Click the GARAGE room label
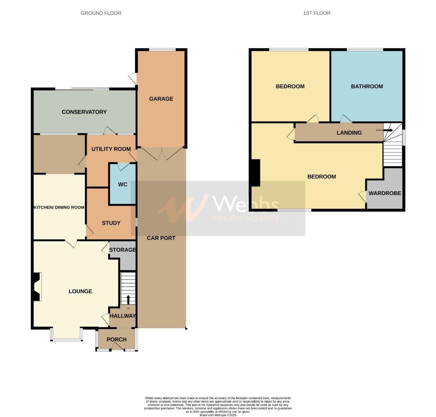click(161, 99)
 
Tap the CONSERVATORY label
click(84, 112)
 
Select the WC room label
click(123, 185)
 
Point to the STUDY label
click(111, 223)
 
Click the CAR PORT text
click(161, 238)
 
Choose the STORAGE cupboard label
click(122, 250)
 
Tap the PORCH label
click(117, 339)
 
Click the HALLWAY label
click(123, 316)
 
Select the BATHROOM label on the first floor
click(367, 86)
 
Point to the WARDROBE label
click(385, 193)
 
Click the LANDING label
click(349, 133)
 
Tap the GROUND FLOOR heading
click(101, 13)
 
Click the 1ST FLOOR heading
click(317, 13)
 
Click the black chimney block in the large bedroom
click(255, 173)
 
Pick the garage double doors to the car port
click(160, 154)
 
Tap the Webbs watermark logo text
click(246, 204)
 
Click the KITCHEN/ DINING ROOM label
click(59, 207)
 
